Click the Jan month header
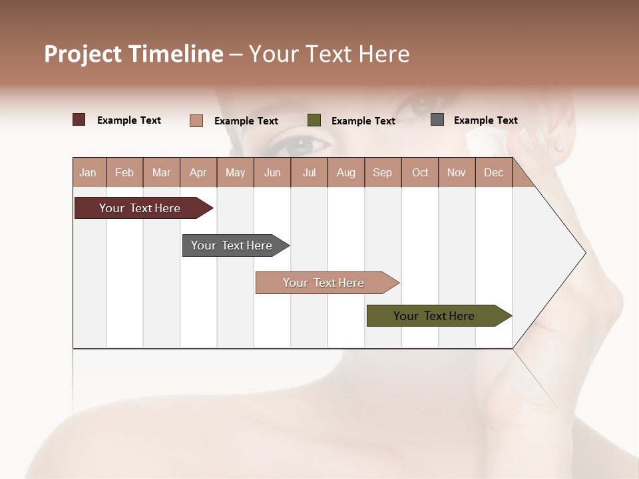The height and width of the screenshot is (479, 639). click(88, 172)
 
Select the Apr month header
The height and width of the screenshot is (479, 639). click(198, 172)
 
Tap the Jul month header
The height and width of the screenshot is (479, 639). click(309, 172)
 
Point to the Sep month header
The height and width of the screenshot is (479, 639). click(382, 172)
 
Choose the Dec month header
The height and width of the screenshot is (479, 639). click(493, 172)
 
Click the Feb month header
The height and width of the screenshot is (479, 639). click(124, 172)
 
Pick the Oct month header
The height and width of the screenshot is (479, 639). click(420, 172)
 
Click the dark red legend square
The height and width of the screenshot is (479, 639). click(79, 120)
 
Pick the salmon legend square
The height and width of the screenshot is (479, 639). click(196, 120)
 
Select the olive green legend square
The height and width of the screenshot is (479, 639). click(314, 120)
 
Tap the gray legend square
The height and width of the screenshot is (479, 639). click(437, 120)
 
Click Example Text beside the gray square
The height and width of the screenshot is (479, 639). click(485, 120)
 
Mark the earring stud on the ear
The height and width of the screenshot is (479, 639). click(558, 146)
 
